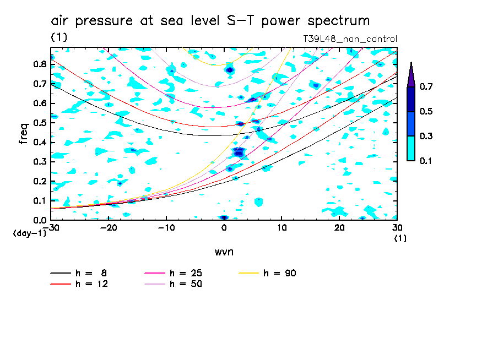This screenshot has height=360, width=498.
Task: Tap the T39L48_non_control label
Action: coord(350,39)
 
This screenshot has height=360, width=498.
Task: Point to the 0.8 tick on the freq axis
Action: coord(39,64)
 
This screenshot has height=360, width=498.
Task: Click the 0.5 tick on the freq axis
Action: coord(39,122)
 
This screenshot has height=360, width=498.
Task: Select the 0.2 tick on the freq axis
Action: coord(39,181)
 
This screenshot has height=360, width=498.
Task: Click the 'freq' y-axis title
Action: coord(24,134)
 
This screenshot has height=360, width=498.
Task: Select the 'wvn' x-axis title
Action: coord(224,252)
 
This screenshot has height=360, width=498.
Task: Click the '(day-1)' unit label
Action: coord(29,233)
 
